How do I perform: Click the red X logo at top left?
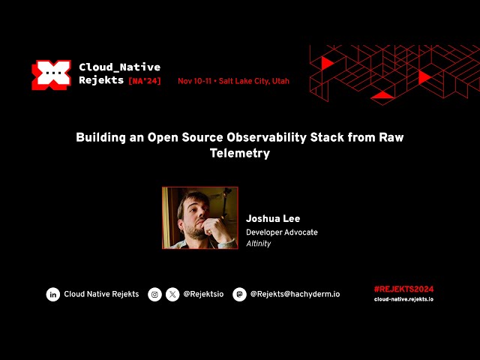51,75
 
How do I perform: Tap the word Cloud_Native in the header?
119,67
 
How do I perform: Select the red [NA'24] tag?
145,81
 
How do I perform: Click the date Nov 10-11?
195,81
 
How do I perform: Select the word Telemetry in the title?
239,153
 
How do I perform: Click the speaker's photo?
200,217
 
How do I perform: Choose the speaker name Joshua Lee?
273,219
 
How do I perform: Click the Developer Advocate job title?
282,232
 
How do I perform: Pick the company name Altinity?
259,244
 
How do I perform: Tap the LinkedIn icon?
53,295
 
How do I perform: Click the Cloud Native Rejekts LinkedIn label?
101,295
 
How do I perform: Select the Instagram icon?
155,295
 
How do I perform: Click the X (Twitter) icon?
172,295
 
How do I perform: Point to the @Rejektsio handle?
203,295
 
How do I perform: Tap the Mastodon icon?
239,295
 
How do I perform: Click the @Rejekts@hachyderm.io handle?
295,295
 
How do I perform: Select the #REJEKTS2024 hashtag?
403,289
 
